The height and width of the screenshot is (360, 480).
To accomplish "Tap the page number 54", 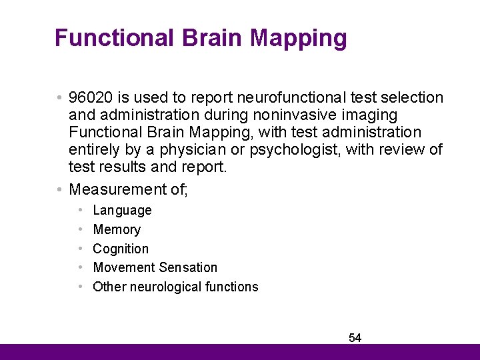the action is [355, 338].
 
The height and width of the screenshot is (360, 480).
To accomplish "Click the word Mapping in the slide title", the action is [298, 38].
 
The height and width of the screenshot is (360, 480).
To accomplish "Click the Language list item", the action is [122, 211].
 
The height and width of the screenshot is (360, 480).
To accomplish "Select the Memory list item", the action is [117, 230].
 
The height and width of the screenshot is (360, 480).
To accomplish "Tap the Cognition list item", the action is [121, 249].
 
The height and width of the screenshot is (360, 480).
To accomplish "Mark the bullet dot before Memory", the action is [80, 230].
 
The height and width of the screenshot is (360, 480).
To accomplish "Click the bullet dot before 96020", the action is [60, 98].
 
